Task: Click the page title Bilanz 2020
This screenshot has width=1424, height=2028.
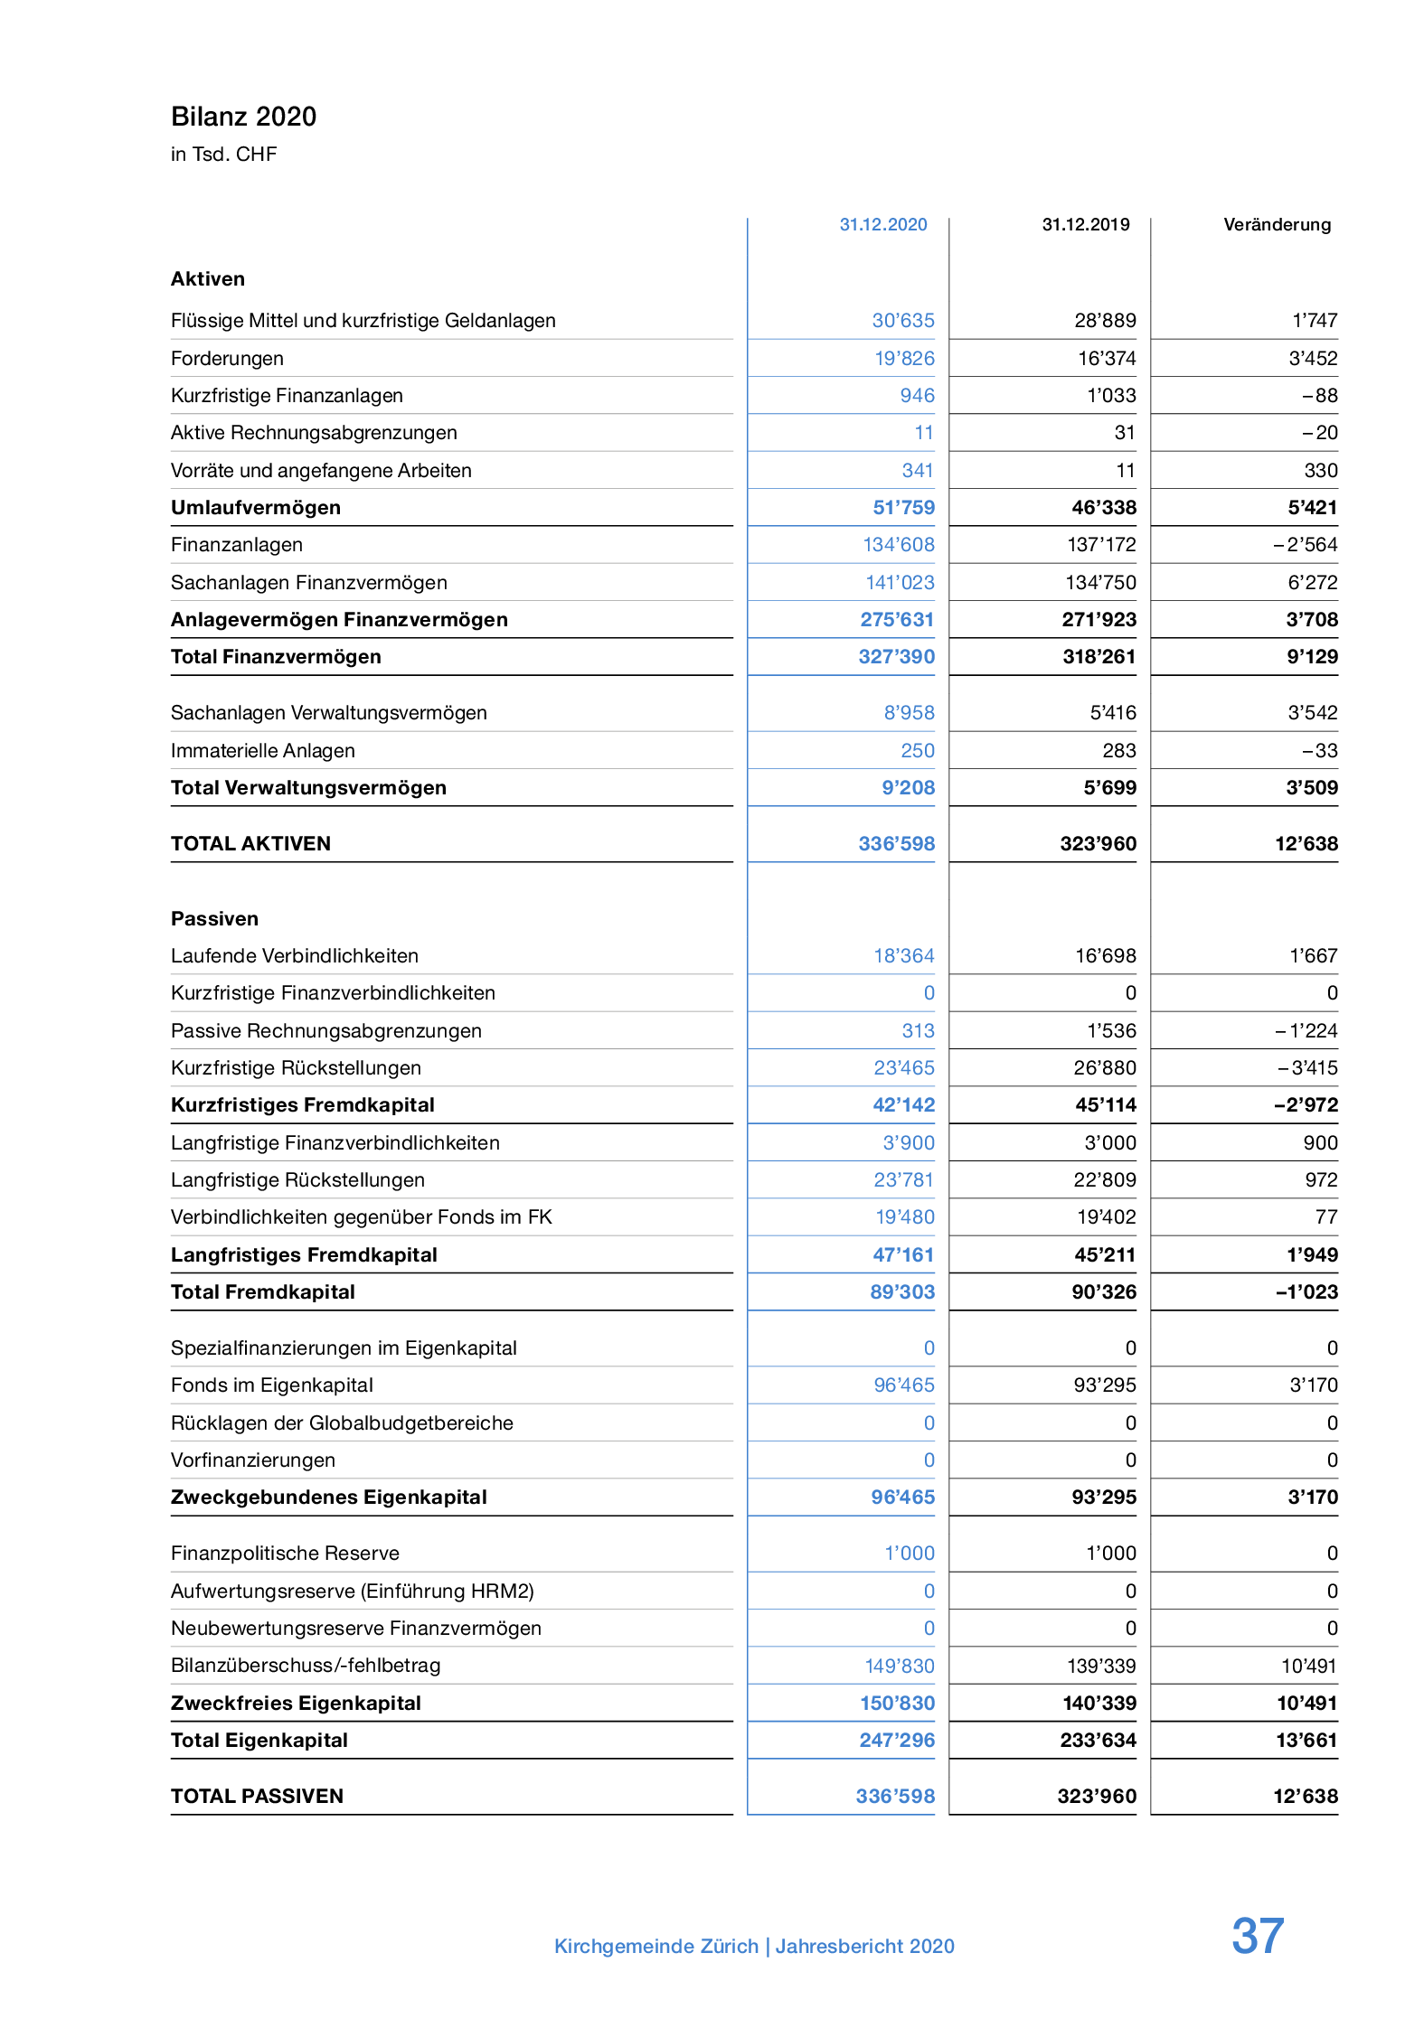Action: click(243, 117)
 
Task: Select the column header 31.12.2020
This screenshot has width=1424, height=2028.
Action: click(882, 224)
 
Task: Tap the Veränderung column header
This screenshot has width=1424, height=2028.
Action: click(1277, 224)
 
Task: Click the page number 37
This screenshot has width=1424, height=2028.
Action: click(1257, 1936)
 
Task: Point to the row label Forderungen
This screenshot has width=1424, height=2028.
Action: click(227, 359)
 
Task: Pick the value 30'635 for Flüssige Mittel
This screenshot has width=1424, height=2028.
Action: click(902, 321)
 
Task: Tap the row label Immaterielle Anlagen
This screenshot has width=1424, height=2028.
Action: click(262, 751)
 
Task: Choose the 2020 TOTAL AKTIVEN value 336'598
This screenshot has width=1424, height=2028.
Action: click(896, 844)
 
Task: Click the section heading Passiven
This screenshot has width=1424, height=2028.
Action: click(214, 919)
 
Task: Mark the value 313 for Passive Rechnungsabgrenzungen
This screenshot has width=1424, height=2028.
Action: click(918, 1031)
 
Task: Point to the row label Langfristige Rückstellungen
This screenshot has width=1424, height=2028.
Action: click(297, 1180)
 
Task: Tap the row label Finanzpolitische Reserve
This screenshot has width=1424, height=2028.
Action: click(285, 1554)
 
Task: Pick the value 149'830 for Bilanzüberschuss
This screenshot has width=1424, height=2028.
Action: click(899, 1666)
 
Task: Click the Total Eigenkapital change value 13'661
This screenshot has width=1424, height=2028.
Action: click(1306, 1741)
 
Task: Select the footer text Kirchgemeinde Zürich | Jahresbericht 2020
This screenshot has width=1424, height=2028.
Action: click(754, 1946)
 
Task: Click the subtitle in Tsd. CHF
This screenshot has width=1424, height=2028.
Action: click(223, 155)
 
